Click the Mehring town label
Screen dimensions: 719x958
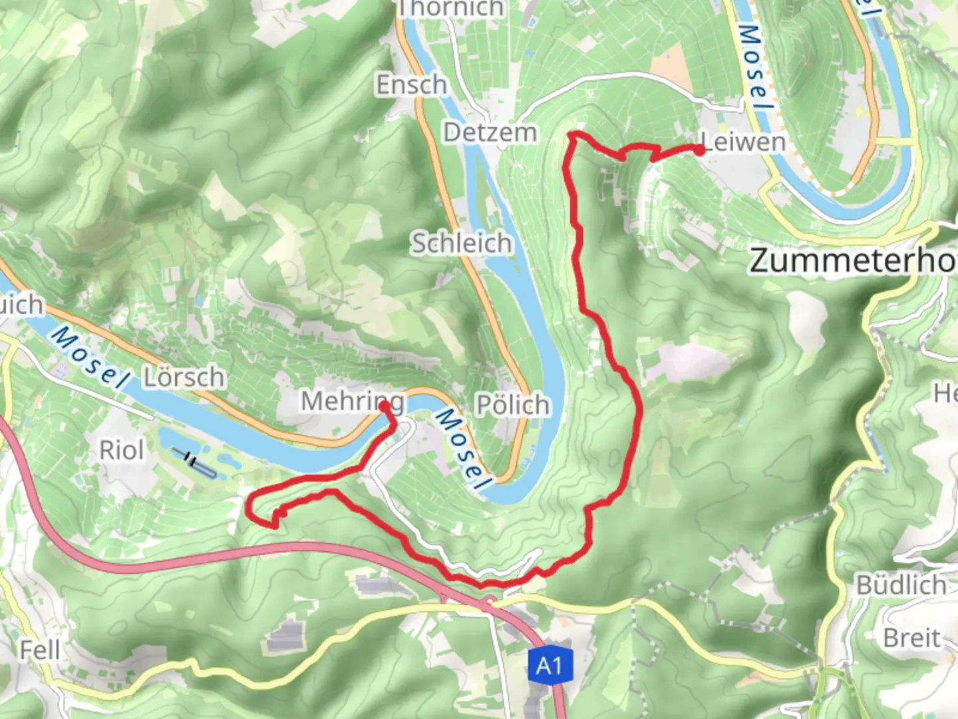352,401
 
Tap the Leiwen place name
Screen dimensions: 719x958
744,142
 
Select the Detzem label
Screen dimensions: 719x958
490,132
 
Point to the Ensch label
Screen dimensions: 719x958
411,85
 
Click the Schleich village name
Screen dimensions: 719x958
461,243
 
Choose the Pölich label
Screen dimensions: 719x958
513,405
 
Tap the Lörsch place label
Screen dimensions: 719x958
184,377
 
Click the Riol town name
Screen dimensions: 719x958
121,451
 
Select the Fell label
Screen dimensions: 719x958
40,650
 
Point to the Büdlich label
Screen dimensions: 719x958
901,585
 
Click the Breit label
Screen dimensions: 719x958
911,638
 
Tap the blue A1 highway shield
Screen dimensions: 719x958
550,665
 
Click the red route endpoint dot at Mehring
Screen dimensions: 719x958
385,405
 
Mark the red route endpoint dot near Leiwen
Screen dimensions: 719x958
700,150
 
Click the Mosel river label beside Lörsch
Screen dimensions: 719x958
89,357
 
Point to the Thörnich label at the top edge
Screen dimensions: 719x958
450,8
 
